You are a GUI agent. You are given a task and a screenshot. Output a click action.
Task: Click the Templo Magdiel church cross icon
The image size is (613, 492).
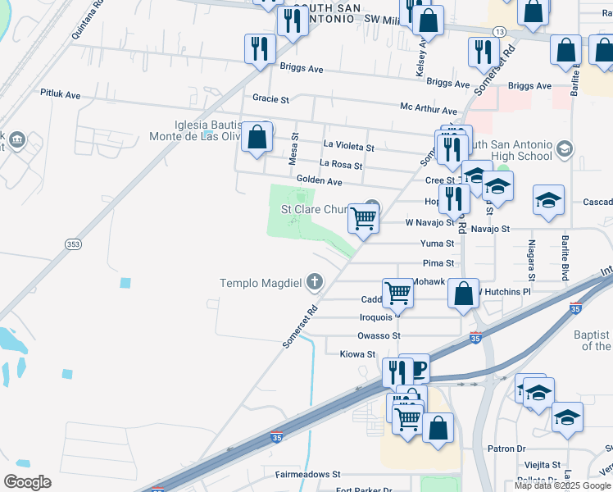click(x=315, y=283)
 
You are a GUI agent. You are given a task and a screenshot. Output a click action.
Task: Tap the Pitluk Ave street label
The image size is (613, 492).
click(x=61, y=94)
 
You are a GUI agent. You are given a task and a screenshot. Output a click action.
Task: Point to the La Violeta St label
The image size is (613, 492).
click(x=348, y=148)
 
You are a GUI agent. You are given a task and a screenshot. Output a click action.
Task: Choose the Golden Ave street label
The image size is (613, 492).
click(x=319, y=180)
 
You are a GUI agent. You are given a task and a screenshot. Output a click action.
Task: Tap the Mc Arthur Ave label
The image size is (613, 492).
click(x=428, y=110)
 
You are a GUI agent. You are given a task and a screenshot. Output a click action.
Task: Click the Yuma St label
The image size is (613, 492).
click(x=437, y=244)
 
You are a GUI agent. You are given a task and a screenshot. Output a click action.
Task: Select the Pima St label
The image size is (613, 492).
click(x=438, y=263)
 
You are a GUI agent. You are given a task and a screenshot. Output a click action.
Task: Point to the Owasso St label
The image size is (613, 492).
click(x=379, y=335)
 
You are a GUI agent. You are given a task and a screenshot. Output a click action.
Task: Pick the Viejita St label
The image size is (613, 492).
click(x=542, y=463)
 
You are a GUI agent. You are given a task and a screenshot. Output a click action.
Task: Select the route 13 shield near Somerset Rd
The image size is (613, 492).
click(x=498, y=30)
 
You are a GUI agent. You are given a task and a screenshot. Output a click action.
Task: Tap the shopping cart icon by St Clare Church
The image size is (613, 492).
click(x=363, y=218)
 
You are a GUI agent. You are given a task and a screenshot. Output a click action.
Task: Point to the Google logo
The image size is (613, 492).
click(x=27, y=482)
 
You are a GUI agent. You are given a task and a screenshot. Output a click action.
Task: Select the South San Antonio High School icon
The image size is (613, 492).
click(x=563, y=148)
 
